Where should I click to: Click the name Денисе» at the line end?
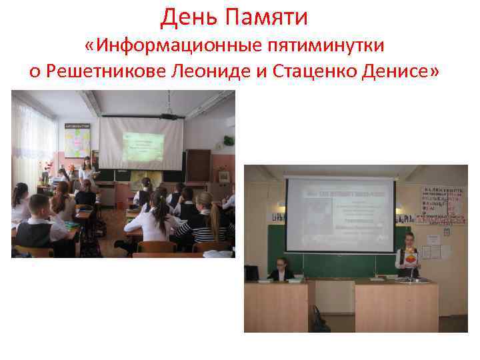tap(403, 72)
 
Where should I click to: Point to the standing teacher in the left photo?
tap(86, 173)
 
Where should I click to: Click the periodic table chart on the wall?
tap(442, 203)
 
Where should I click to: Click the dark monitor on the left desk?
tap(251, 273)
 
